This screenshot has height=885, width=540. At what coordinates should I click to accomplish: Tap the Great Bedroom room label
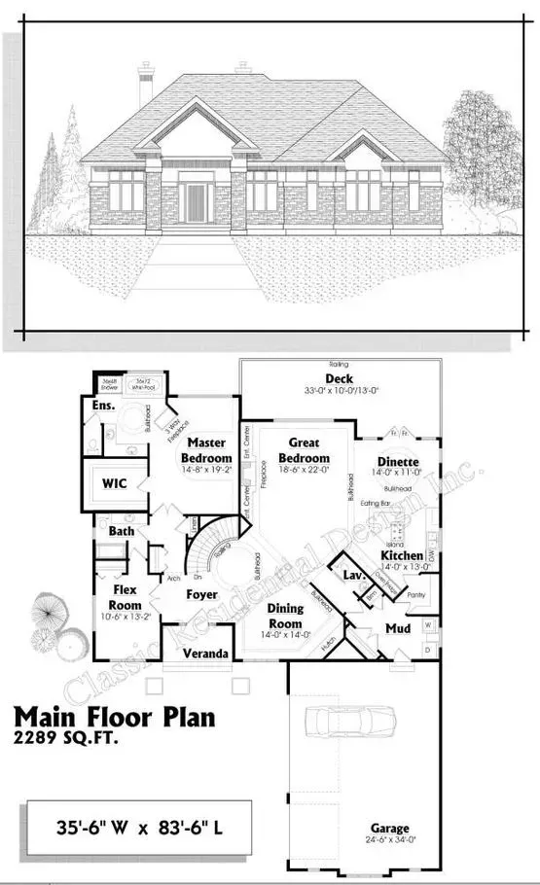tap(305, 452)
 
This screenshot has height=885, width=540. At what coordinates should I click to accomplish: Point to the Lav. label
tap(353, 577)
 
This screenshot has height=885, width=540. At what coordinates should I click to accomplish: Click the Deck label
tap(340, 378)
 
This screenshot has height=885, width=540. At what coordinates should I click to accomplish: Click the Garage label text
tap(388, 829)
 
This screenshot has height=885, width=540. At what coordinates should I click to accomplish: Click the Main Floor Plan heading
tap(115, 719)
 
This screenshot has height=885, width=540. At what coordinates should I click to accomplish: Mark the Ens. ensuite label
tap(104, 405)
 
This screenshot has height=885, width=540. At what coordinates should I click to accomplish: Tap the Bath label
tap(122, 532)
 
